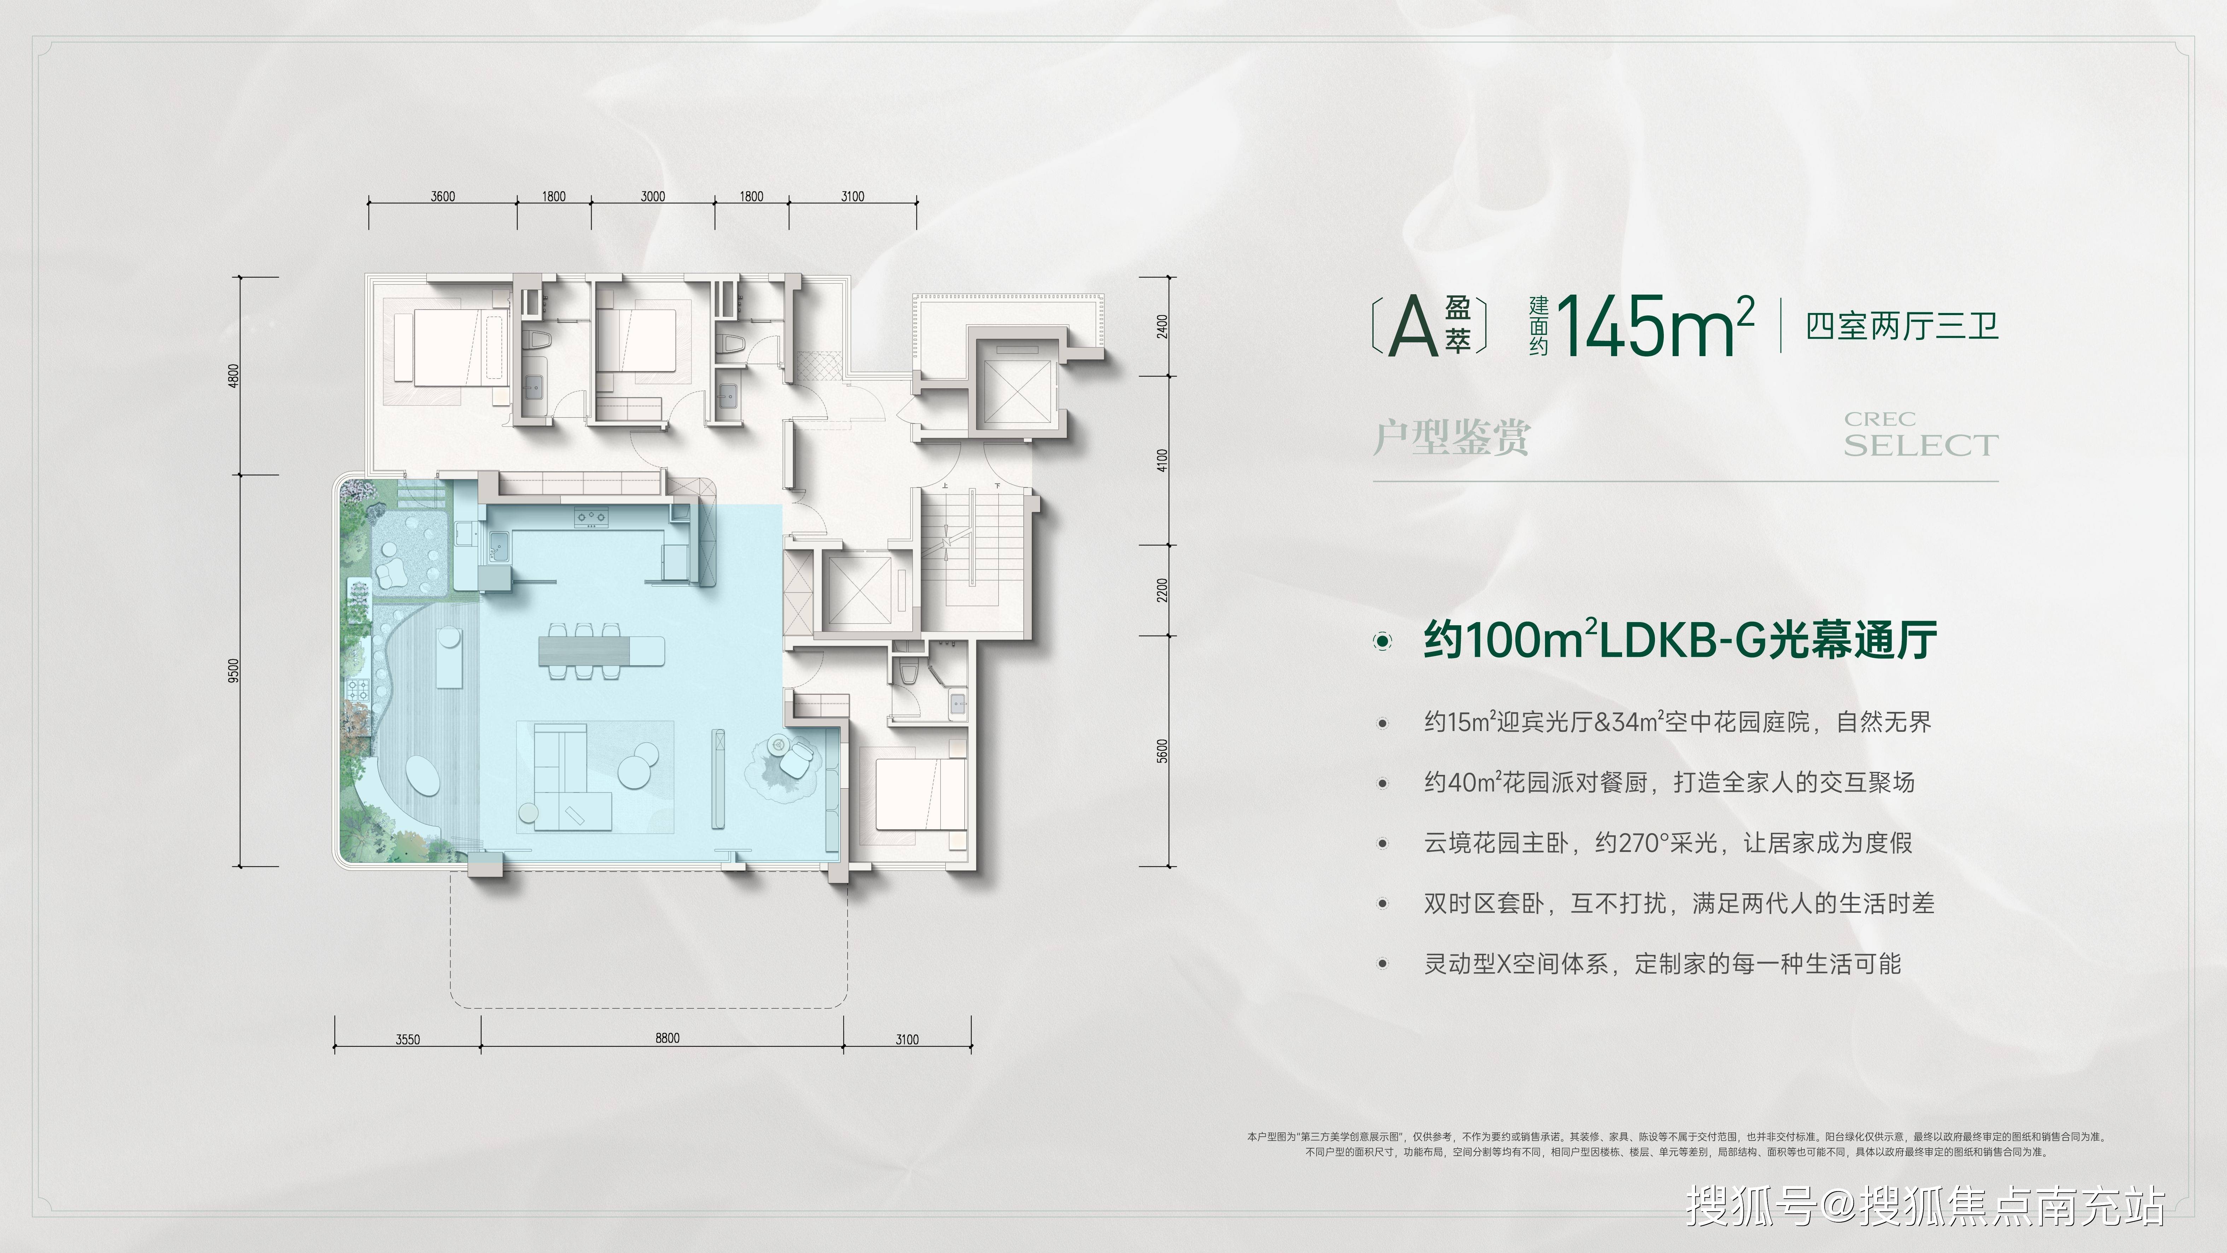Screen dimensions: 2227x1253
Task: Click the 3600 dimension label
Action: (443, 196)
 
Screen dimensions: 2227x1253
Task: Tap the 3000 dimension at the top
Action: (653, 196)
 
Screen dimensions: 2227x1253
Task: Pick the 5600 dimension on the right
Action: (1162, 750)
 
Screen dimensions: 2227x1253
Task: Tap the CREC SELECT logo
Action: (1921, 434)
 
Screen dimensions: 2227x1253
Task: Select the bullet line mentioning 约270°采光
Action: (1668, 842)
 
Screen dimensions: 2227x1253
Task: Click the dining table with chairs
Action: (601, 649)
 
